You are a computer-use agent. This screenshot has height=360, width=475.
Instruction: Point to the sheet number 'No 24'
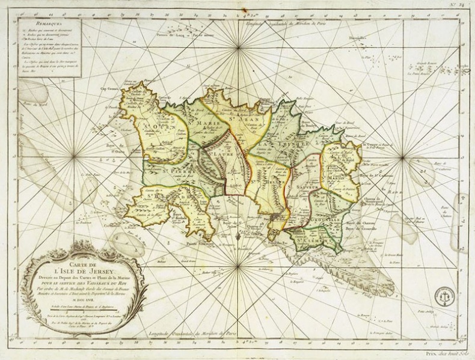461,5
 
